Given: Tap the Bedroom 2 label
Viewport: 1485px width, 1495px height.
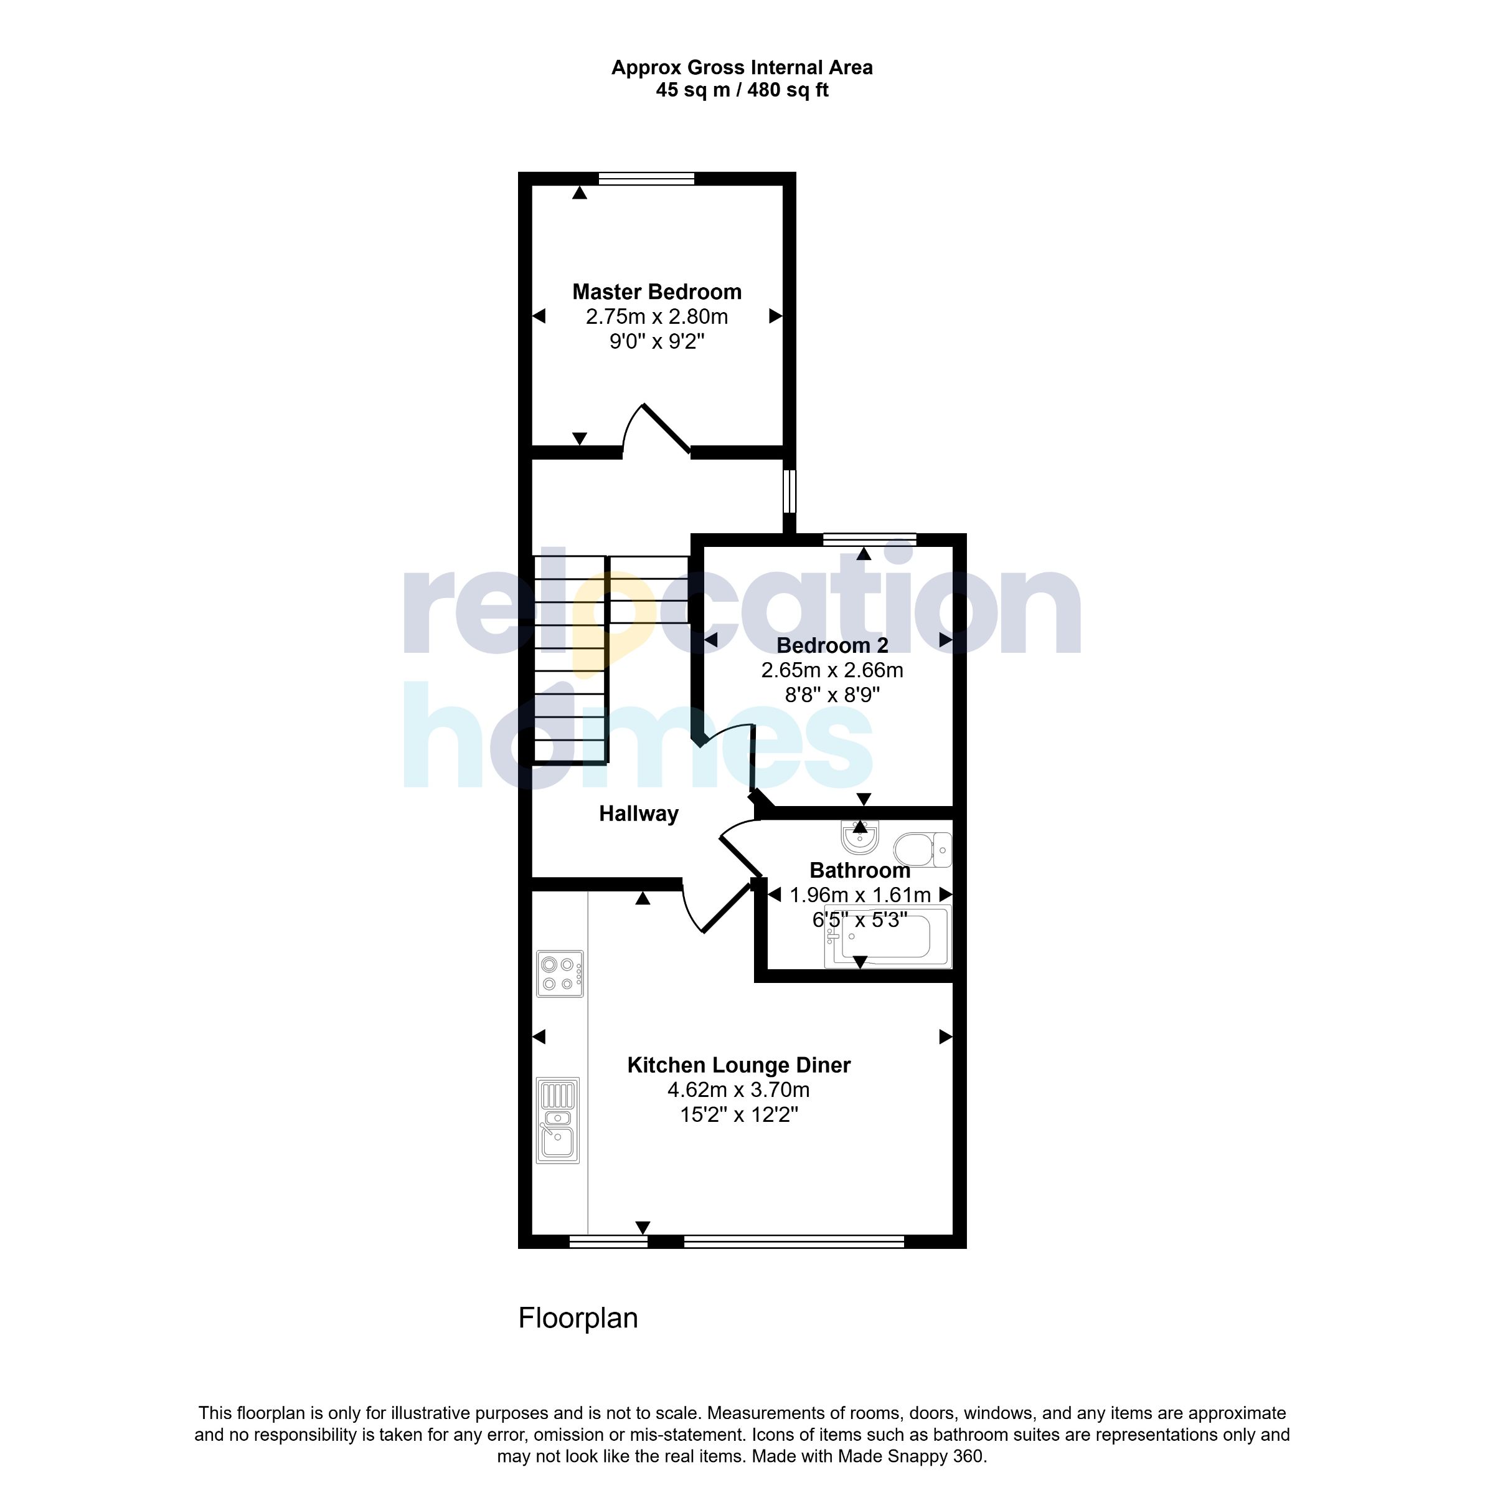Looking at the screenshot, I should tap(832, 645).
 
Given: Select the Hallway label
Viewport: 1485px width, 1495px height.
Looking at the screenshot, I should tap(639, 814).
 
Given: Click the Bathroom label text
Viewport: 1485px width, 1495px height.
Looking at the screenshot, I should tap(859, 871).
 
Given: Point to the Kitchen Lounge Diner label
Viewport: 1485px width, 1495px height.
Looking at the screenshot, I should tap(738, 1066).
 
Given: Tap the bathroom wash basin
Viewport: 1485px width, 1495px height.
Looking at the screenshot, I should tap(859, 837).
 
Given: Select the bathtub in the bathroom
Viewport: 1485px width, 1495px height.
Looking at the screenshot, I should tap(888, 939).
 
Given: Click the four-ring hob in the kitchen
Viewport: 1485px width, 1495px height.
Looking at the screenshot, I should tap(560, 974).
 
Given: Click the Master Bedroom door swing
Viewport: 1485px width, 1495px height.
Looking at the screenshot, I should tap(656, 432).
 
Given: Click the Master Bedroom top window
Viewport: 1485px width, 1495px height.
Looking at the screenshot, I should tap(646, 179).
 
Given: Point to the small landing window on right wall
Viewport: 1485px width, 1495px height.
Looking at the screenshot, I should tap(789, 491).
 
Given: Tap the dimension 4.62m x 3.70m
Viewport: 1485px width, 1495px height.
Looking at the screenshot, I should tap(738, 1090).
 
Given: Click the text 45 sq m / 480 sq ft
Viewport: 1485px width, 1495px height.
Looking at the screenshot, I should tap(742, 90).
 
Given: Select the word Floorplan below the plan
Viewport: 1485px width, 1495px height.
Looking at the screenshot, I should tap(578, 1318).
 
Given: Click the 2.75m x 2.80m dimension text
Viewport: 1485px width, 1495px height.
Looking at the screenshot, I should tap(657, 316).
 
